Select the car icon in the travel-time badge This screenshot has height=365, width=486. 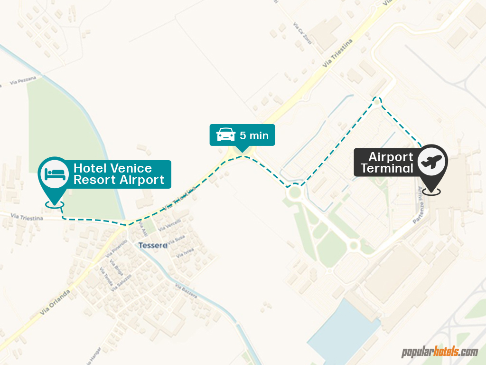(226, 135)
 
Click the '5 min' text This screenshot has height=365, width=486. (254, 135)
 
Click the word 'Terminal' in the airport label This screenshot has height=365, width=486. (387, 168)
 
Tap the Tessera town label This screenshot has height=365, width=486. (153, 246)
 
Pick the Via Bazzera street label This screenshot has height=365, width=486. (186, 291)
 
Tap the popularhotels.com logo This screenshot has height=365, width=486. (439, 352)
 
